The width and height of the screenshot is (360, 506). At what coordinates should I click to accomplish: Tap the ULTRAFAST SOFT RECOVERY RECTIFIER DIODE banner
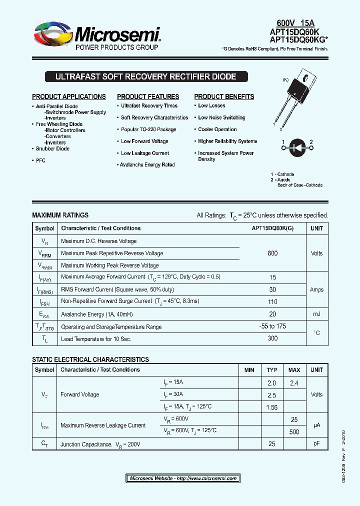(x=145, y=77)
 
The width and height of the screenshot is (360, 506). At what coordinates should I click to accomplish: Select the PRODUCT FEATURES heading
(x=148, y=96)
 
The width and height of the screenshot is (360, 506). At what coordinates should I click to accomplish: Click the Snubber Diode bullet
(x=52, y=148)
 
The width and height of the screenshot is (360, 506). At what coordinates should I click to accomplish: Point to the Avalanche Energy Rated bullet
(x=147, y=164)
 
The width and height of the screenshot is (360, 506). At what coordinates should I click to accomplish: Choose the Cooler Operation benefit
(x=217, y=129)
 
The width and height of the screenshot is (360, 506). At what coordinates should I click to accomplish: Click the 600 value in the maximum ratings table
(x=272, y=253)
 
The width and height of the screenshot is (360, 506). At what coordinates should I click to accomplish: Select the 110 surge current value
(x=272, y=301)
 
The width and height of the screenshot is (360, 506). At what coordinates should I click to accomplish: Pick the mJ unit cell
(x=316, y=314)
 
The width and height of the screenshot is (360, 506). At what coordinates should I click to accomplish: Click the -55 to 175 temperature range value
(x=272, y=326)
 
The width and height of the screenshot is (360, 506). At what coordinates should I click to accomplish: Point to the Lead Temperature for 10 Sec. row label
(x=96, y=339)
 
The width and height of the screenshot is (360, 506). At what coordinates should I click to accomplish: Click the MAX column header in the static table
(x=294, y=370)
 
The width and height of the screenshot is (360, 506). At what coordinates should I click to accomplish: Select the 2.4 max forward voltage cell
(x=294, y=382)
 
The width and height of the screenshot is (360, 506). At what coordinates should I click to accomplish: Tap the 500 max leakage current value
(x=294, y=431)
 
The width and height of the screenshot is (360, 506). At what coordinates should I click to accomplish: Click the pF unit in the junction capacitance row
(x=316, y=443)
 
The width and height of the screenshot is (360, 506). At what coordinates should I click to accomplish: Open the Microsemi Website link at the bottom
(x=183, y=478)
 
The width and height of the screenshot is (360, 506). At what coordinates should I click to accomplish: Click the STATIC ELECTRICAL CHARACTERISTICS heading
(x=90, y=359)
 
